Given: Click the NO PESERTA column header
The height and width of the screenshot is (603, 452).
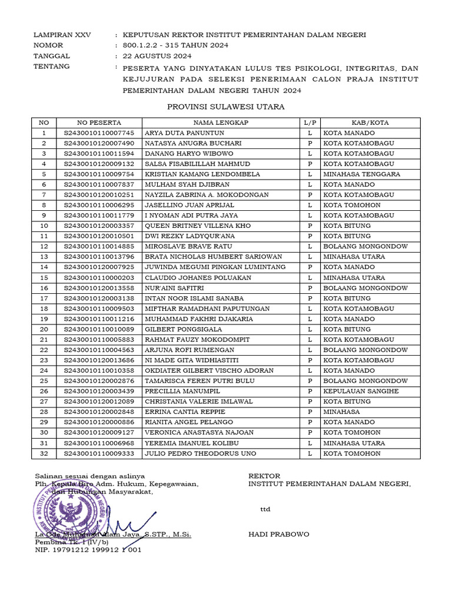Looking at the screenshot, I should tap(99, 122).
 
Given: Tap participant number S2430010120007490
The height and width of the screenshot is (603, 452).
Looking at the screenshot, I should tap(99, 143).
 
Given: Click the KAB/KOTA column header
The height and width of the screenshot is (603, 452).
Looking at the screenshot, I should tap(370, 122).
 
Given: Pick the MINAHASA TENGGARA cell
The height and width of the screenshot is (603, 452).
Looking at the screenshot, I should tap(361, 174).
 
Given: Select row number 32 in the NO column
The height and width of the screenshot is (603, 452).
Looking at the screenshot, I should tap(44, 453).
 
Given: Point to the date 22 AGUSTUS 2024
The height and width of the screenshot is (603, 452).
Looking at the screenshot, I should tap(157, 56).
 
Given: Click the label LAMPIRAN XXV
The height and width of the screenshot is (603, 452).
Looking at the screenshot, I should tap(59, 35).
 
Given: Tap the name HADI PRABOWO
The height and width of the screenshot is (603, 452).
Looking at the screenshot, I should tap(278, 535).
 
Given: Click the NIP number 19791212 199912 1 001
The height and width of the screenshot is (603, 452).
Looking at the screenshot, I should tap(88, 550).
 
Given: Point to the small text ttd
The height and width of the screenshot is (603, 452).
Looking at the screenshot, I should tap(265, 509).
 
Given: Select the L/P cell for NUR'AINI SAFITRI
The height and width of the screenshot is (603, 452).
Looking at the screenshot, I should tap(310, 288).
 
